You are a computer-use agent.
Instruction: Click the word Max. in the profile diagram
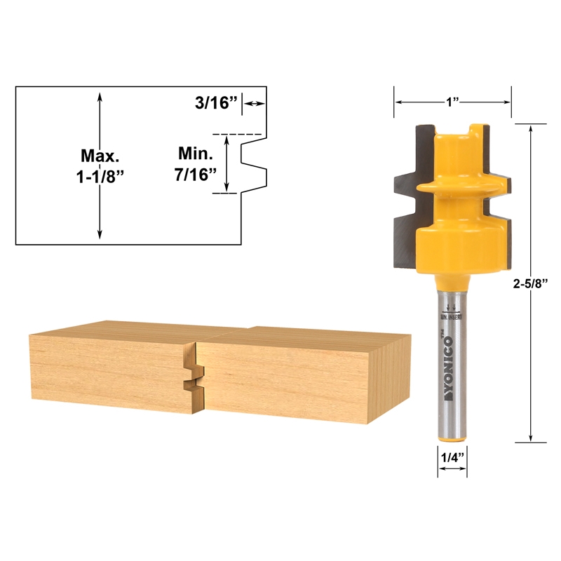[x=100, y=154]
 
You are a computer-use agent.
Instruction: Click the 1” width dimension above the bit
[x=452, y=102]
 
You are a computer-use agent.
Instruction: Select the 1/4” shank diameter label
[x=452, y=457]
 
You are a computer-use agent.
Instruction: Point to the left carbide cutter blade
[x=406, y=203]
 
